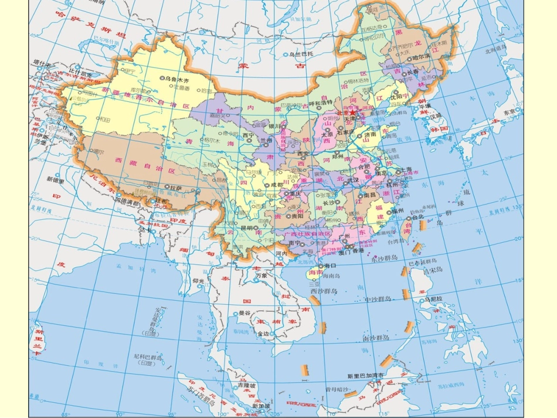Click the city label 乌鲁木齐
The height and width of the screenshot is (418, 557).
178,78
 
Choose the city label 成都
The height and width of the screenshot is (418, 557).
276,185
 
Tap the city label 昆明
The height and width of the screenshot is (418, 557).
247,227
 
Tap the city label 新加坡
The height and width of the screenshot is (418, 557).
261,406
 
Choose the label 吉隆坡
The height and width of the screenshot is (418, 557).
245,386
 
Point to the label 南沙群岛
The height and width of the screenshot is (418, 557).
376,338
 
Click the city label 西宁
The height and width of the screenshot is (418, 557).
247,135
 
